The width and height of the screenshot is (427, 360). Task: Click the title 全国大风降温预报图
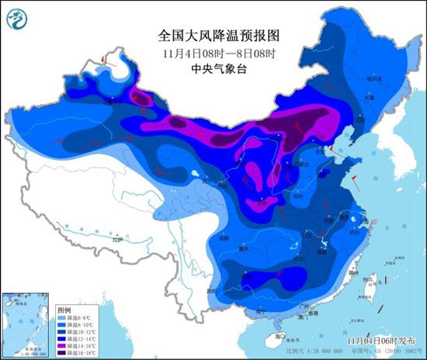pos(213,36)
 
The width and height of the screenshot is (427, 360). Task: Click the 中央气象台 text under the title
pos(213,67)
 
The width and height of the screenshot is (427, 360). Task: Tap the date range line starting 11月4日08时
pos(213,52)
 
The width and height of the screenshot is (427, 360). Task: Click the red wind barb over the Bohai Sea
pos(329,147)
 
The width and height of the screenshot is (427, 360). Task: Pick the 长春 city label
pos(368,98)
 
